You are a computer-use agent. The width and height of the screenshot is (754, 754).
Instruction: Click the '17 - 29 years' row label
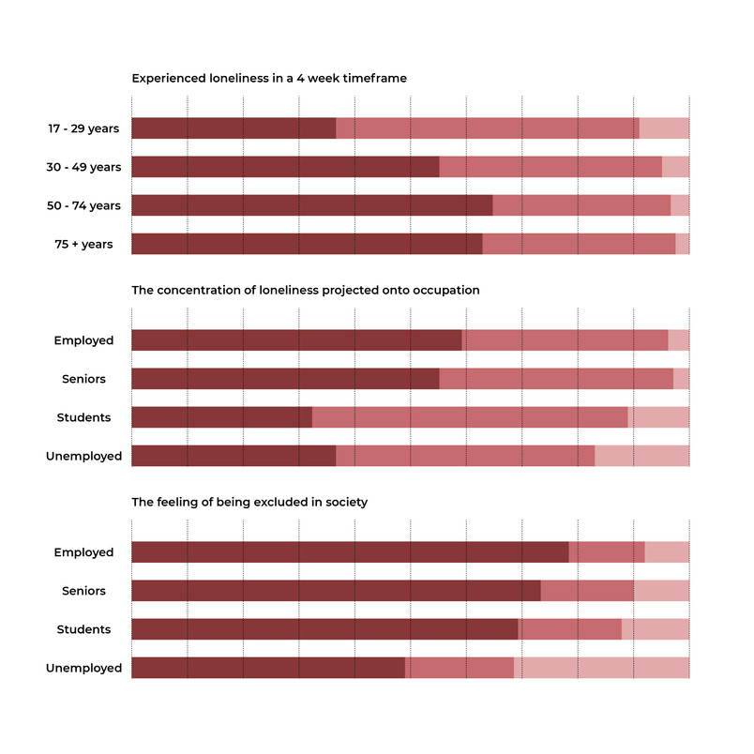pyautogui.click(x=83, y=128)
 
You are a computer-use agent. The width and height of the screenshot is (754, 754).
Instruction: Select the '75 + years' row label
pyautogui.click(x=83, y=244)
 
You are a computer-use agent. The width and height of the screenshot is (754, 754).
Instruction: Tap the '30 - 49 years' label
pyautogui.click(x=83, y=167)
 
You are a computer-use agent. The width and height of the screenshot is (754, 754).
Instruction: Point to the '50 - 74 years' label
pyautogui.click(x=83, y=205)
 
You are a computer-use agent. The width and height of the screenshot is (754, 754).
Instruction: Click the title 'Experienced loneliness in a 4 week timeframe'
pyautogui.click(x=269, y=78)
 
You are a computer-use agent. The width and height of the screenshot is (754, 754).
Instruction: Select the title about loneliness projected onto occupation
pyautogui.click(x=306, y=290)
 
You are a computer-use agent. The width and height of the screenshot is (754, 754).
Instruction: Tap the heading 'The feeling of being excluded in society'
pyautogui.click(x=249, y=502)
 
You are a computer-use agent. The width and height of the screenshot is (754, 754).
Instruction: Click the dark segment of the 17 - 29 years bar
pyautogui.click(x=234, y=128)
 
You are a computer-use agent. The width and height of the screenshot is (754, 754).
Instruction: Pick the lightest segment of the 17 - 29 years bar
pyautogui.click(x=664, y=128)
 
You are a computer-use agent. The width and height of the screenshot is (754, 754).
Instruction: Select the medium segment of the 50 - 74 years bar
pyautogui.click(x=581, y=205)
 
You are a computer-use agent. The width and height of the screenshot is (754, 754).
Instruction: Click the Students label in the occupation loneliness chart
pyautogui.click(x=83, y=417)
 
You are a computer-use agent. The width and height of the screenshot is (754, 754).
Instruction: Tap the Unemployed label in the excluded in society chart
pyautogui.click(x=83, y=668)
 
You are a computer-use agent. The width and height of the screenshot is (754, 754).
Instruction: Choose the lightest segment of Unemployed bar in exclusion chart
pyautogui.click(x=601, y=668)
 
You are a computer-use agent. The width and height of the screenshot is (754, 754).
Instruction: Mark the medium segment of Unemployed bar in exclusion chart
pyautogui.click(x=460, y=668)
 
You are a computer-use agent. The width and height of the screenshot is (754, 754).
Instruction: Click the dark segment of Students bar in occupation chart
pyautogui.click(x=222, y=417)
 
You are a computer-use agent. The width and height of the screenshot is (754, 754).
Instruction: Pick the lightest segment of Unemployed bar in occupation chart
pyautogui.click(x=642, y=456)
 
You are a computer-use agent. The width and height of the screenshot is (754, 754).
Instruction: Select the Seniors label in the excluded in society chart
pyautogui.click(x=83, y=591)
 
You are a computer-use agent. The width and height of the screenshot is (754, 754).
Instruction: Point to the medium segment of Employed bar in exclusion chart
pyautogui.click(x=607, y=552)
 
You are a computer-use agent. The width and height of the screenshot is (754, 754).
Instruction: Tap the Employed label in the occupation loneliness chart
pyautogui.click(x=83, y=340)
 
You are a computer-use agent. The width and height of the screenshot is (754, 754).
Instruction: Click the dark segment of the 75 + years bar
pyautogui.click(x=308, y=244)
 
